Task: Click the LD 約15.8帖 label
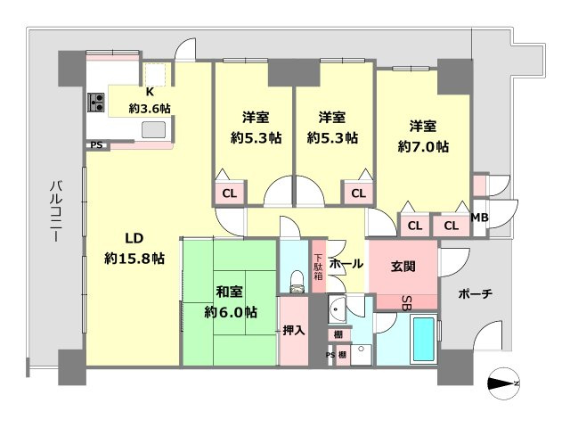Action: click(x=134, y=248)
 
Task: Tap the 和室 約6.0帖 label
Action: click(x=231, y=301)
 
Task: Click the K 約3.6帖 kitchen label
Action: click(x=150, y=100)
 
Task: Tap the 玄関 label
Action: click(x=402, y=265)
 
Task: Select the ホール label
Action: click(x=346, y=264)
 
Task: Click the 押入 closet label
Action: click(x=294, y=331)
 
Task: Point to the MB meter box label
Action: click(x=479, y=218)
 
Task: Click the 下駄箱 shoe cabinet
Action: click(x=318, y=263)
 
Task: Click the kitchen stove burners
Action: click(x=96, y=103)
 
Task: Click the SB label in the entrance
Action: click(x=405, y=300)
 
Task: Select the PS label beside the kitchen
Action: click(x=94, y=144)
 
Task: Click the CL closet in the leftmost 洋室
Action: click(x=229, y=193)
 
